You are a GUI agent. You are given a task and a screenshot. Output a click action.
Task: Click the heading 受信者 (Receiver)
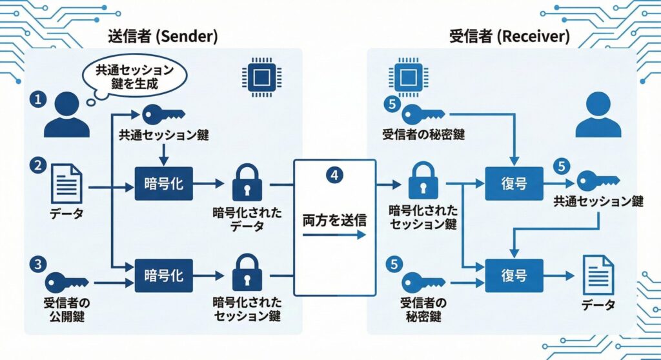coord(509,37)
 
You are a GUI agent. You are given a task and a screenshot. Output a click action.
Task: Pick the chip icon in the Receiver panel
coord(408,78)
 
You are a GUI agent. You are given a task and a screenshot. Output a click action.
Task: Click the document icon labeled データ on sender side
coord(66,183)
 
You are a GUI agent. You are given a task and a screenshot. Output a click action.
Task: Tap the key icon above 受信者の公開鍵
coord(66,282)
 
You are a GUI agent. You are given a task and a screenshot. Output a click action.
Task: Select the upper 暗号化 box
coord(164,183)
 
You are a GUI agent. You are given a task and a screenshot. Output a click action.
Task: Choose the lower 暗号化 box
coord(164,275)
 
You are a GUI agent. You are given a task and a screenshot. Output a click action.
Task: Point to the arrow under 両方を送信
coord(334,235)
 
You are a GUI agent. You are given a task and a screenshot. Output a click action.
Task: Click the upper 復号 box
coord(514,184)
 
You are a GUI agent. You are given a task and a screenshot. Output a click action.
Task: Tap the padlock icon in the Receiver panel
coord(423,181)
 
